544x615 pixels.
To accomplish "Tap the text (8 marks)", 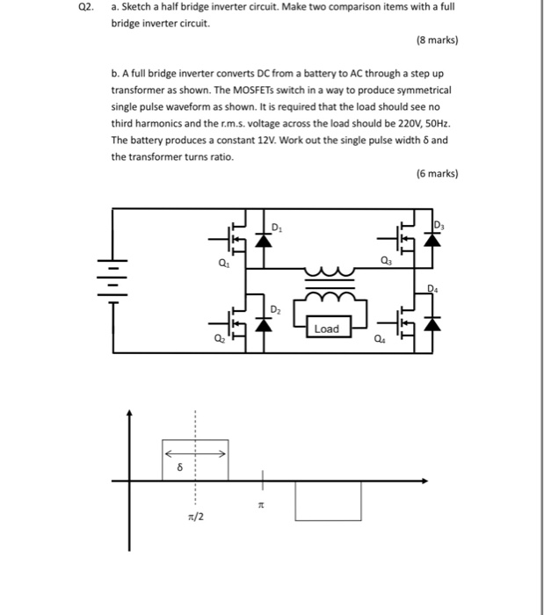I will (x=435, y=40).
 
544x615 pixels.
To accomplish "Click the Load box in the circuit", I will (x=325, y=329).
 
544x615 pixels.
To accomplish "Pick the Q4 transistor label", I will (x=380, y=340).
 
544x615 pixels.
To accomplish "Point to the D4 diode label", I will (x=432, y=287).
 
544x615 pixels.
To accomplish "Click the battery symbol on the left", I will (x=113, y=274).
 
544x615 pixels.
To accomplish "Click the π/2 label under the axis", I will (x=195, y=516).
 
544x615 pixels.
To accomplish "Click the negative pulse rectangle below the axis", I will (x=328, y=501).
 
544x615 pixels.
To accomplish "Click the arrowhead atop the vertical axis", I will (x=130, y=412).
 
